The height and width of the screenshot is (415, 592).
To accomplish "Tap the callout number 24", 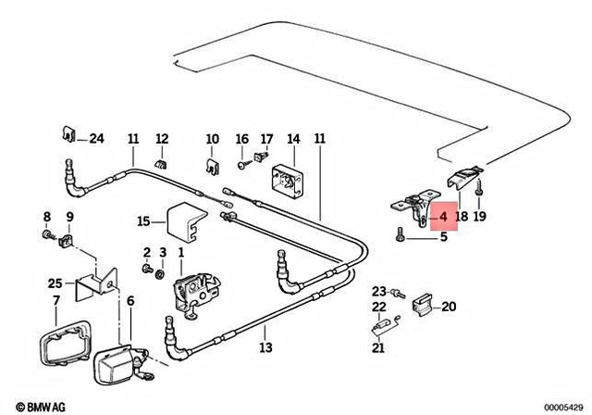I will coord(97,140).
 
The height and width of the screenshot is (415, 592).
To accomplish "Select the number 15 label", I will coord(143,221).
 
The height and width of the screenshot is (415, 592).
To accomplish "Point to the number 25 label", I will coord(55,283).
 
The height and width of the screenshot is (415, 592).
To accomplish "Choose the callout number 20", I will coord(449,307).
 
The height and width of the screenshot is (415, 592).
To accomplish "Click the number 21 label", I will coord(377,348).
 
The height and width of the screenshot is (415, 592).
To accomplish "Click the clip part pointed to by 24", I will coord(68,134).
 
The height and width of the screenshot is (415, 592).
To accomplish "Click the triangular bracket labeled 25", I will coord(92,286).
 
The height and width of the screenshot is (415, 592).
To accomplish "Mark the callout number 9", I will coord(68,218).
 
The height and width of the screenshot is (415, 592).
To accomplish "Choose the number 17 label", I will coord(265,140).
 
